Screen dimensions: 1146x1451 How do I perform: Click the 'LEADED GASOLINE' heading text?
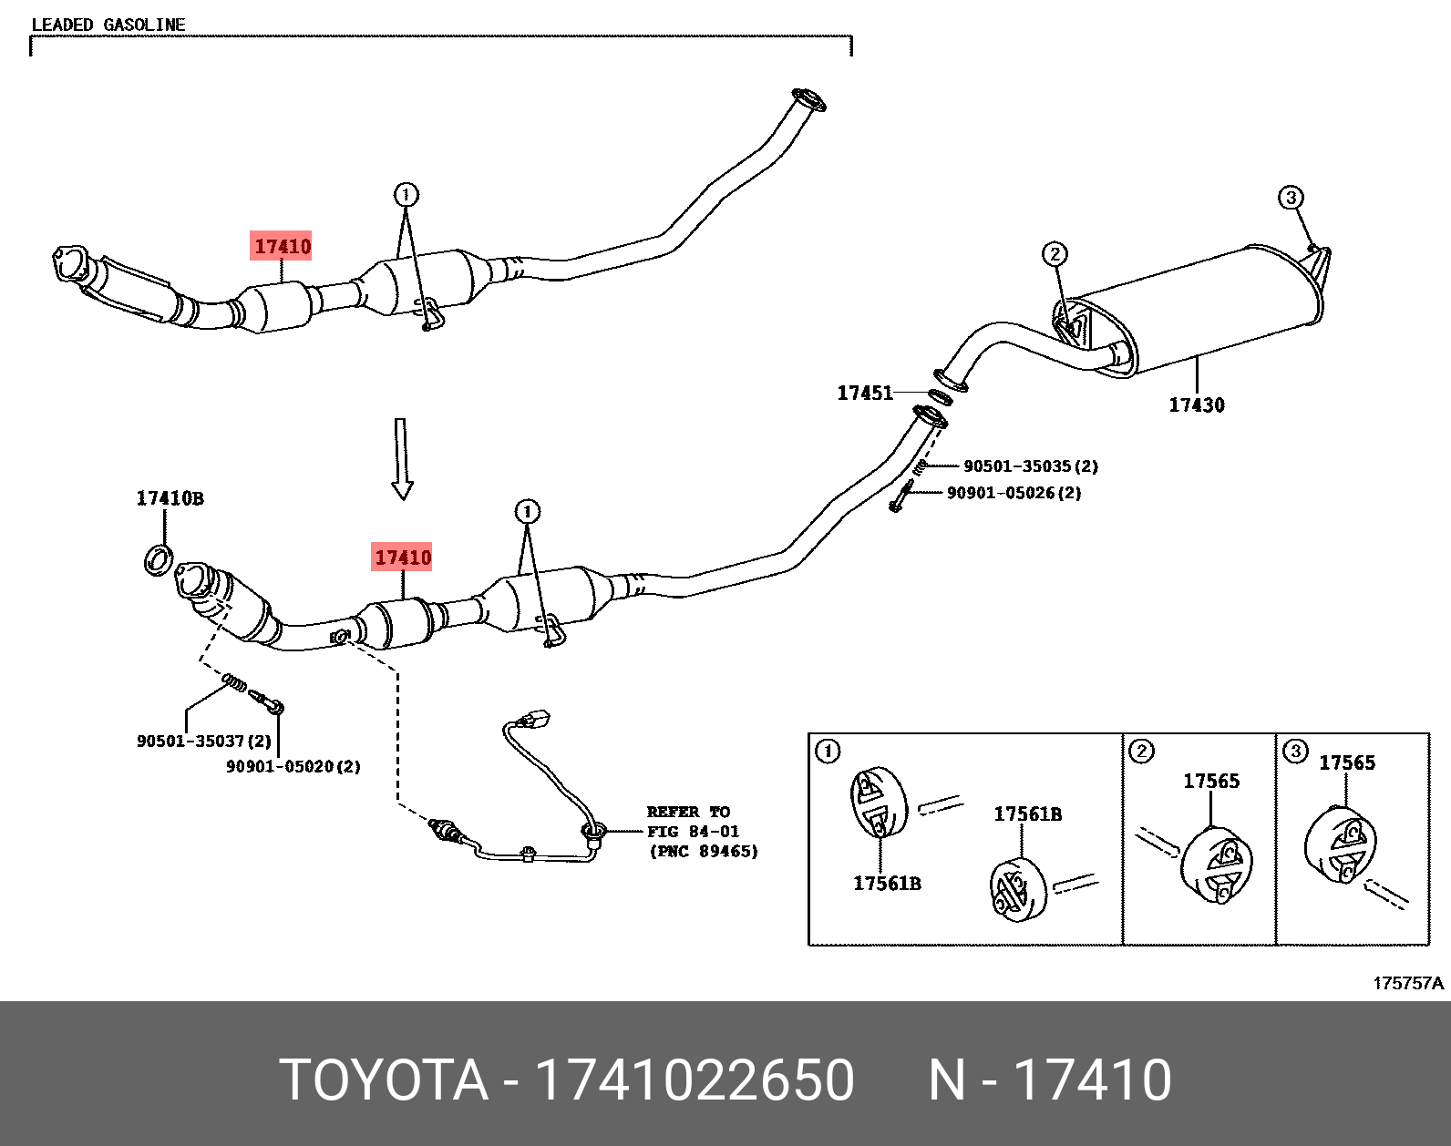point(108,25)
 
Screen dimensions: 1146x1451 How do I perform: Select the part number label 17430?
point(1197,405)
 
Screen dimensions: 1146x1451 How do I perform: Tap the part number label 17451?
point(865,393)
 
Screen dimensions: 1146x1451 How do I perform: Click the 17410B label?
point(170,498)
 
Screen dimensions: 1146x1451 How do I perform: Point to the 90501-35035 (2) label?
point(1031,466)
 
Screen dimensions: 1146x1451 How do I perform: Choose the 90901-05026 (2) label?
point(1014,493)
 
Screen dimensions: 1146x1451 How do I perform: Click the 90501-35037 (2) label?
point(204,742)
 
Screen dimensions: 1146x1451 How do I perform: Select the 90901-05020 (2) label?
point(293,767)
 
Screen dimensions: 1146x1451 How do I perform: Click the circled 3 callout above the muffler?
point(1290,198)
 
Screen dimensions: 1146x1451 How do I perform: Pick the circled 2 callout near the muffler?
point(1055,254)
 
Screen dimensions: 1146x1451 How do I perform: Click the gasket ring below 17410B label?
point(159,559)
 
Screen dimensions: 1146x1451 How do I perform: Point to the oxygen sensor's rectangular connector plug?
point(536,720)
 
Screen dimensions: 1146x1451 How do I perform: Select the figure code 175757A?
point(1408,983)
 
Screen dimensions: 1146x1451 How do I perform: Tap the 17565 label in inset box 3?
point(1347,763)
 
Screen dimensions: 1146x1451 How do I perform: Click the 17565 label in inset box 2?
point(1211,782)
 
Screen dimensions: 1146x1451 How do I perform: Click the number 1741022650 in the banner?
point(695,1080)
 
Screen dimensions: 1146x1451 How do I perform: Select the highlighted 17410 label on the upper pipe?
point(282,246)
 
